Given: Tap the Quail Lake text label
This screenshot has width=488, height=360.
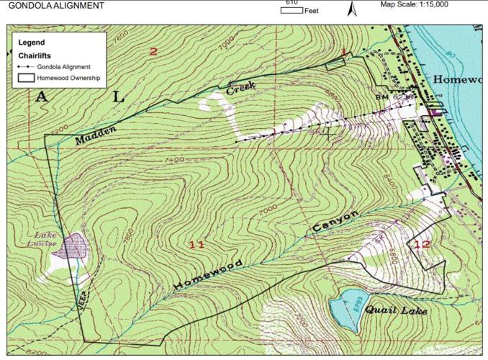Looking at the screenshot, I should (x=395, y=311).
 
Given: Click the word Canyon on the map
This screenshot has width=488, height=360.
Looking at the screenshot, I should (x=334, y=222).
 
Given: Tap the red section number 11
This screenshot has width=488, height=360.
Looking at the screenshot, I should (x=197, y=245).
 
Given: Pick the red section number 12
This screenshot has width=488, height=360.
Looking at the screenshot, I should (x=422, y=244).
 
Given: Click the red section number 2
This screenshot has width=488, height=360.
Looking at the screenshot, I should (x=153, y=51).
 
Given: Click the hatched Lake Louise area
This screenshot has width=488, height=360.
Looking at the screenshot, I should (x=75, y=247).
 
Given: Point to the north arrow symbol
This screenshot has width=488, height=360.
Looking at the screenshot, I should (x=352, y=9).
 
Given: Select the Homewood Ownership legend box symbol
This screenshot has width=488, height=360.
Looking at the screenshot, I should (x=27, y=77).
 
